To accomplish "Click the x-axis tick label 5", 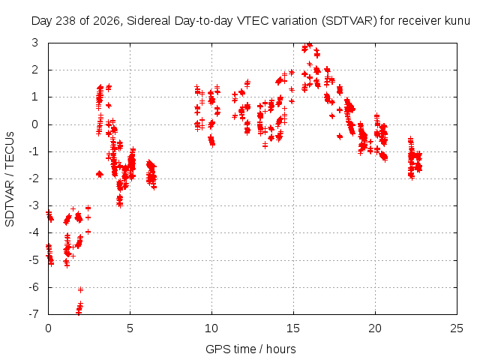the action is [x=130, y=328].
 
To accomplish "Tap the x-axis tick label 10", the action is [x=211, y=328].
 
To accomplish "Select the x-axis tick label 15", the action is [x=293, y=328].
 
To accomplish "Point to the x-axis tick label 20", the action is [x=375, y=328].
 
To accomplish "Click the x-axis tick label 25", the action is [x=457, y=328].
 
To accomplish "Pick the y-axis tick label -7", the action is [x=34, y=314].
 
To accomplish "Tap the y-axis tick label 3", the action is [x=35, y=43].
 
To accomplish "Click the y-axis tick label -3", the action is [x=34, y=205].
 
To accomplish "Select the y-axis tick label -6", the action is [x=34, y=287].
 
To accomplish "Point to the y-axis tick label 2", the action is [x=35, y=70].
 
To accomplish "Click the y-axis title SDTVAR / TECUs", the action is [x=10, y=179].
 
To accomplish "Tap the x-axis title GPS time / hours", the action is [x=250, y=349].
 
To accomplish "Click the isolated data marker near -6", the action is [x=80, y=289].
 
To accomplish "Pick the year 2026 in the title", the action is [x=106, y=21].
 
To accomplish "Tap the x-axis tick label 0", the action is [x=48, y=328].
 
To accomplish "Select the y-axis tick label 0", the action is [x=35, y=124].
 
